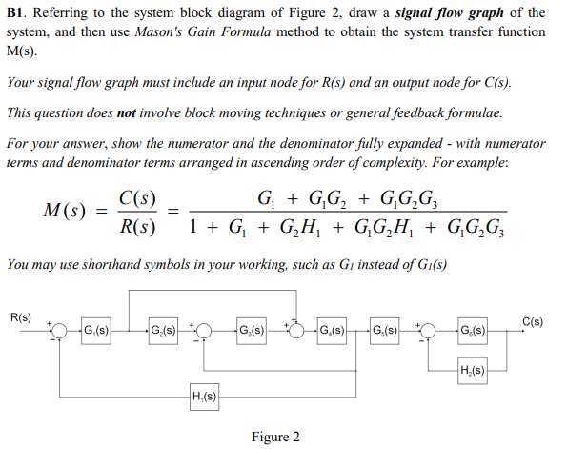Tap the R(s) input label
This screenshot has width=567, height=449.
pos(20,316)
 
